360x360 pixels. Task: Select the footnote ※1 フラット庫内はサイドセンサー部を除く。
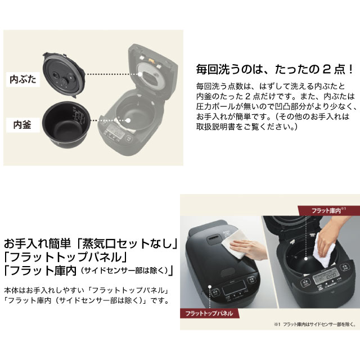tap(314, 325)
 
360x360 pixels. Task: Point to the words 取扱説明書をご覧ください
tap(247, 127)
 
